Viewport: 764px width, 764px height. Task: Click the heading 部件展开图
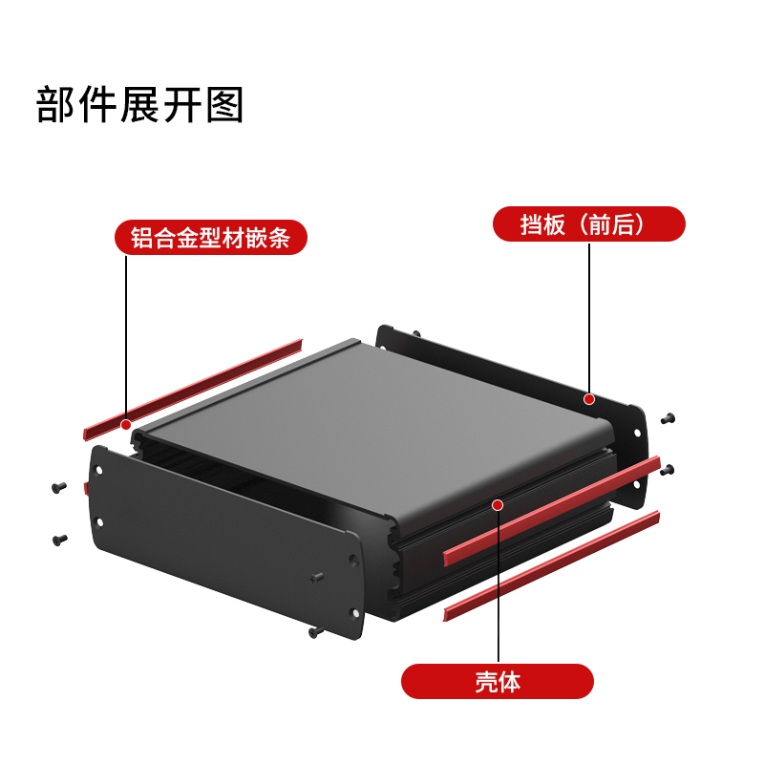click(x=140, y=105)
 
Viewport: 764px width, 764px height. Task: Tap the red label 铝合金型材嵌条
click(x=210, y=237)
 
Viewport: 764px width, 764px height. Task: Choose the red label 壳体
click(x=497, y=682)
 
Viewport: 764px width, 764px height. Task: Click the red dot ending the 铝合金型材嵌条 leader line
click(x=126, y=422)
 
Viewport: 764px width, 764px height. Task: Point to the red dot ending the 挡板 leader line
click(x=589, y=398)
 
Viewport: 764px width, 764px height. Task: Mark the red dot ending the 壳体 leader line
click(x=497, y=503)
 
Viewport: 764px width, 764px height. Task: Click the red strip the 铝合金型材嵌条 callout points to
click(x=191, y=387)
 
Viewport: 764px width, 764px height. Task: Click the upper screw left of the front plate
click(x=59, y=488)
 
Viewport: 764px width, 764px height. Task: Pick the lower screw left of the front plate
click(x=59, y=540)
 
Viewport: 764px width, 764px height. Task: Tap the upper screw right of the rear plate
click(x=668, y=417)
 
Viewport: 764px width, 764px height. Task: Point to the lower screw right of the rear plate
click(x=668, y=469)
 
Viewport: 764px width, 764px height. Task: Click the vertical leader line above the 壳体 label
click(x=497, y=583)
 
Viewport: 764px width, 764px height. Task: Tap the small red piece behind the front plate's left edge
click(x=86, y=489)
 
